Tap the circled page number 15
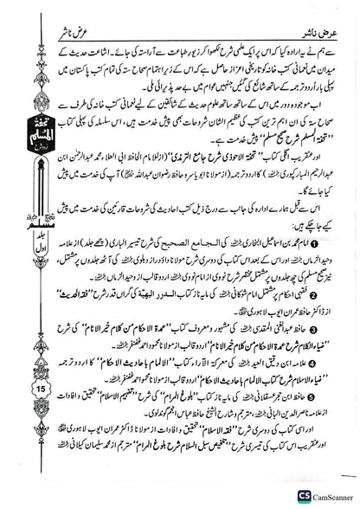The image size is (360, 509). point(21,365)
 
